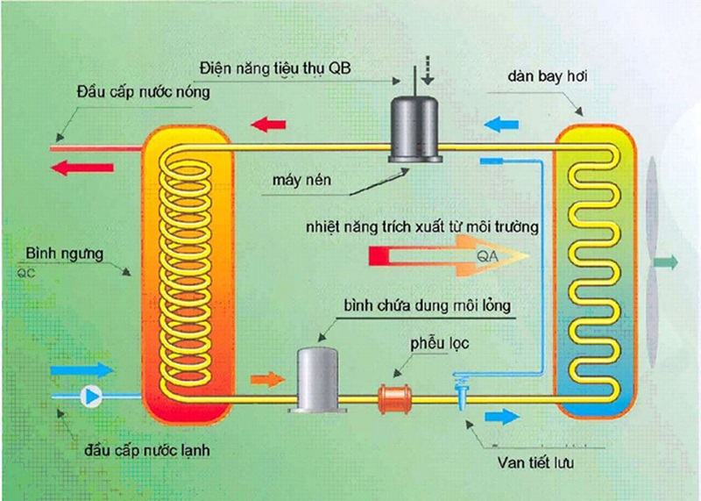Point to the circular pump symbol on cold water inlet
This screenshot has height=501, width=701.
point(90,396)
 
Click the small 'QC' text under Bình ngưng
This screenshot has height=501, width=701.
point(25,272)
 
